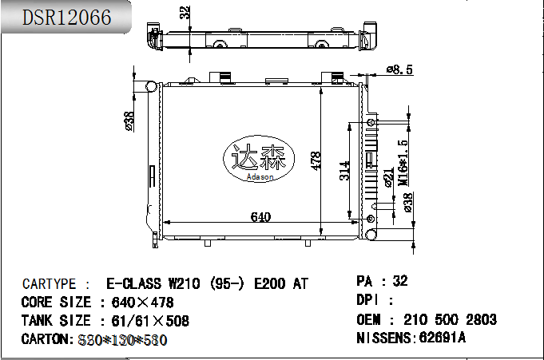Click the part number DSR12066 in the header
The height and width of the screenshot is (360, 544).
(x=66, y=18)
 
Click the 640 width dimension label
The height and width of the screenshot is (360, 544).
(x=261, y=216)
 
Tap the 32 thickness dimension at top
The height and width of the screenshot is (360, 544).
(x=185, y=14)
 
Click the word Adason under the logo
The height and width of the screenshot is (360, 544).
(x=260, y=177)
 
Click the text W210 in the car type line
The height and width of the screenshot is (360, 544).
(x=184, y=283)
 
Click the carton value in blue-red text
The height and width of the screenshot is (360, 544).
(x=123, y=340)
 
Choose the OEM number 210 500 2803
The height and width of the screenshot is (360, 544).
(x=450, y=319)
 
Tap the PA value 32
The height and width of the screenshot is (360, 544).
(x=400, y=281)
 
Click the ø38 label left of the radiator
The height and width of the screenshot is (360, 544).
(x=129, y=120)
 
